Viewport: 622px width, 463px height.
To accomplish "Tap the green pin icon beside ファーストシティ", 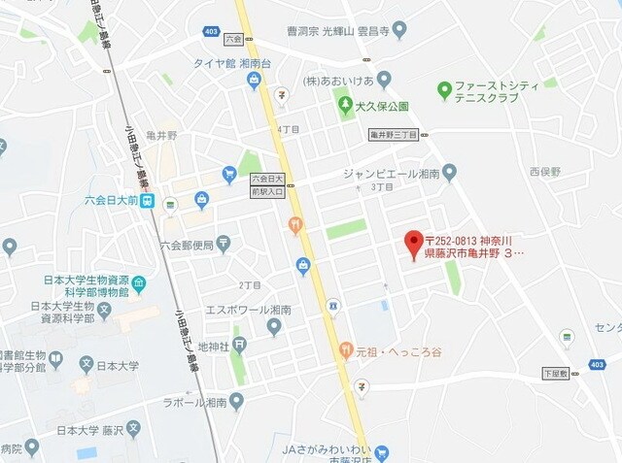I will coord(444,90).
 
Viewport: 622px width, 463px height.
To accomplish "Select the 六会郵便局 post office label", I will coord(186,244).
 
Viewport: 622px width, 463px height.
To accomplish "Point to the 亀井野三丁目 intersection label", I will coord(393,135).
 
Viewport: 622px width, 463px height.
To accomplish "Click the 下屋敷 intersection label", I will coord(556,373).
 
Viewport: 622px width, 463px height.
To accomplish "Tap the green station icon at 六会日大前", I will coord(146,201).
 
